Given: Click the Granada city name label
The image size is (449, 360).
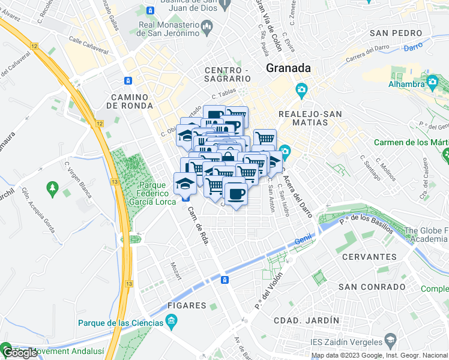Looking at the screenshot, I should click(x=288, y=68).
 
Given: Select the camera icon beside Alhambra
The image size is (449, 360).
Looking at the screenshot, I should click(x=432, y=80).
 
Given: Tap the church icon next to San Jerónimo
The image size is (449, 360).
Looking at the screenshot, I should click(x=207, y=26).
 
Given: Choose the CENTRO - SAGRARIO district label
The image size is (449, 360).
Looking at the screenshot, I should click(x=227, y=74).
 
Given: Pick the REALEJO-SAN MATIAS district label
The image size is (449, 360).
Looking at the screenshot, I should click(x=311, y=118).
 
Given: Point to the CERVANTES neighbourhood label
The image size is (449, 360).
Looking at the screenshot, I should click(x=369, y=257).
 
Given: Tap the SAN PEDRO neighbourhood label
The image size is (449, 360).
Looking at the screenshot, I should click(x=394, y=33).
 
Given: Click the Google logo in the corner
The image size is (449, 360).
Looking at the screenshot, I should click(x=20, y=353).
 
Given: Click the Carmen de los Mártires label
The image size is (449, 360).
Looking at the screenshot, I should click(x=411, y=142).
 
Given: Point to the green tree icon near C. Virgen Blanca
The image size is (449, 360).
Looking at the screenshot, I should click(x=52, y=188).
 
